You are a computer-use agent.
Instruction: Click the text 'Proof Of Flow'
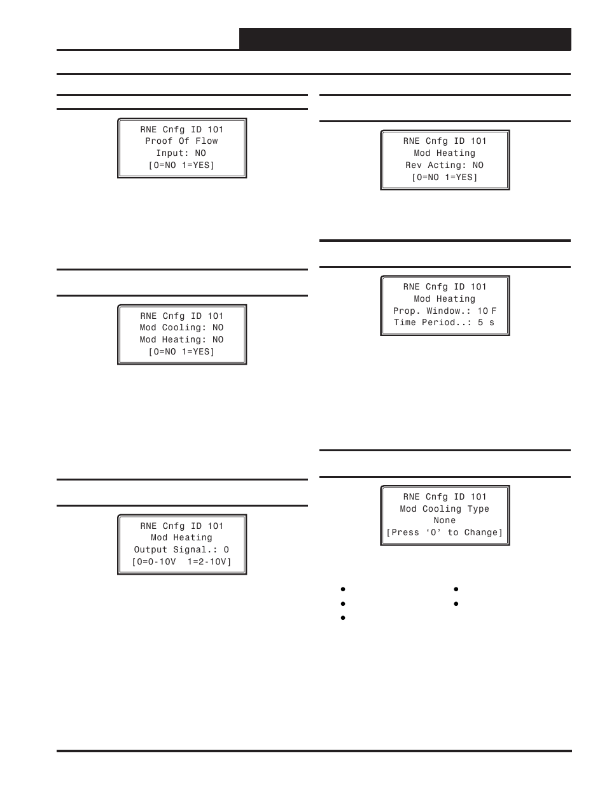181,141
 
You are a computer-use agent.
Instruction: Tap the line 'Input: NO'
181,153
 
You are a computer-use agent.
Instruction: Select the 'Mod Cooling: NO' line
181,328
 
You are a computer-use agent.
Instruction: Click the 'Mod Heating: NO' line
181,340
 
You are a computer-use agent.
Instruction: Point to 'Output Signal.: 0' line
181,550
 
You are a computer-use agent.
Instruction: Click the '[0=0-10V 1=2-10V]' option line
181,562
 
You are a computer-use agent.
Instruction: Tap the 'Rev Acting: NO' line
444,165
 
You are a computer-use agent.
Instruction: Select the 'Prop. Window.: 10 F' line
444,311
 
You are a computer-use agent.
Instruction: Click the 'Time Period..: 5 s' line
444,323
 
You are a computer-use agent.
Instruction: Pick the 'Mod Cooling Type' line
444,509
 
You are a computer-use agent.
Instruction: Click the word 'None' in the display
444,521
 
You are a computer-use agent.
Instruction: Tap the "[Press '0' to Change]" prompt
444,533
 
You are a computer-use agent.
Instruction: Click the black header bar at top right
405,39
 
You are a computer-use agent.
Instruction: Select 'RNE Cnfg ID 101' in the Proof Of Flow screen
181,130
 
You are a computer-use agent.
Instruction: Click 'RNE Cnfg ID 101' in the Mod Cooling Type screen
444,497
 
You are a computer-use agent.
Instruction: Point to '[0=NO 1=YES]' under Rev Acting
444,178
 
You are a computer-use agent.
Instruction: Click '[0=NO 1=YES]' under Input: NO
181,165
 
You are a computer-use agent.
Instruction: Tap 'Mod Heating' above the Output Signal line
181,538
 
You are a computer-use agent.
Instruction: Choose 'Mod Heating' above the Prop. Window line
444,299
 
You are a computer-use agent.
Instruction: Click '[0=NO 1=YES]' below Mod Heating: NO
181,352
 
